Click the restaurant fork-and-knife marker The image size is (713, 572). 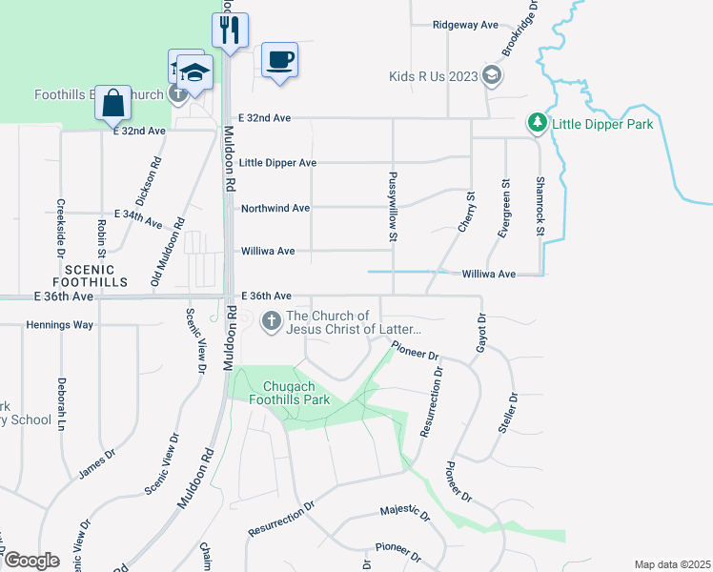230,31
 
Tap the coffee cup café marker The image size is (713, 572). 279,60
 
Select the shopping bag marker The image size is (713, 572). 112,103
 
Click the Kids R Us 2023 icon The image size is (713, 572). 491,76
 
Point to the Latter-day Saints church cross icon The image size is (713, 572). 271,322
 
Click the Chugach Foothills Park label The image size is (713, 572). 296,393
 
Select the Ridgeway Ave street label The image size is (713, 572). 466,25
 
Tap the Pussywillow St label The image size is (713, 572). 393,204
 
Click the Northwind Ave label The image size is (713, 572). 275,208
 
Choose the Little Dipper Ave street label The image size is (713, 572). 277,163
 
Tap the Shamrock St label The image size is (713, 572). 540,206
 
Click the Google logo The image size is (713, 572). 31,561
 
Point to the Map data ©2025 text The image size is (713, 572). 672,564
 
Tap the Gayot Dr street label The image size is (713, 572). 481,333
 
